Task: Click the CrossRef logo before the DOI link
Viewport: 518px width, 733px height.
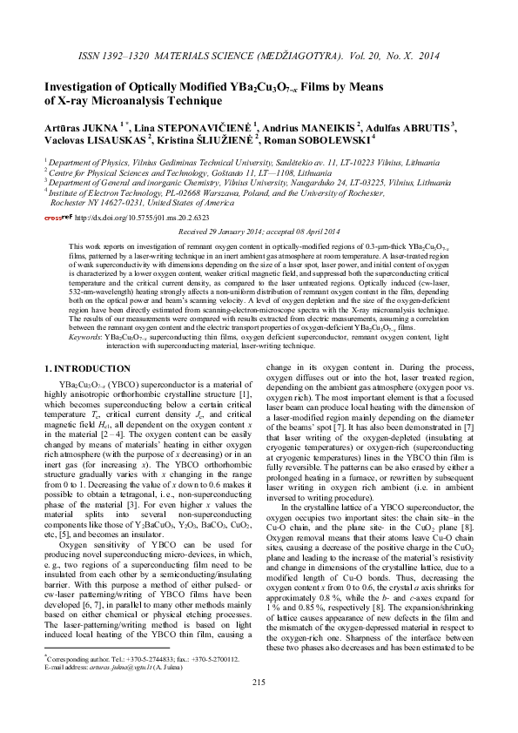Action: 58,218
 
